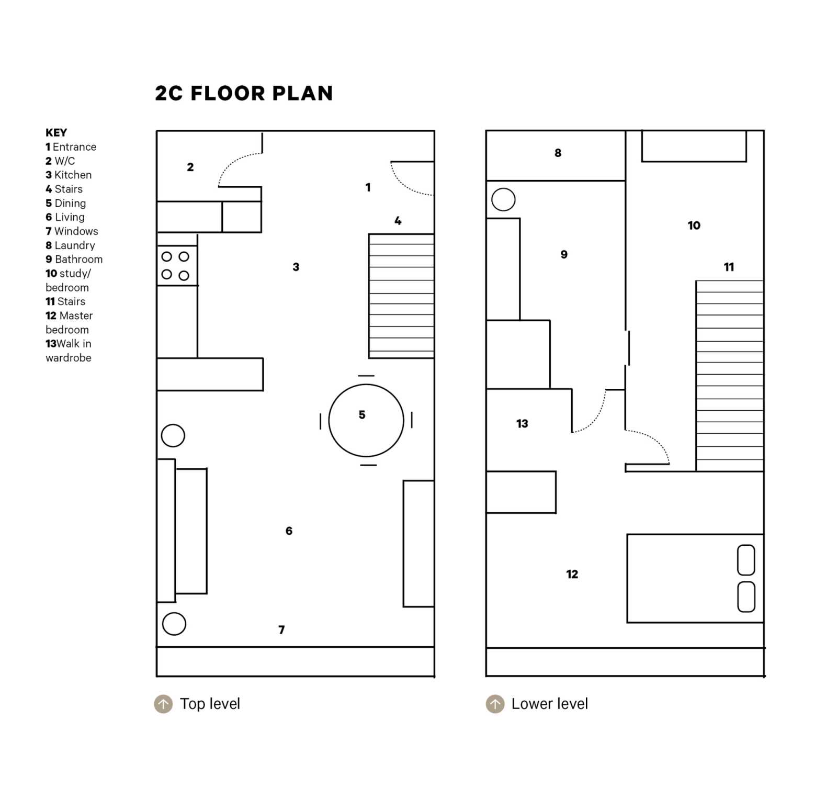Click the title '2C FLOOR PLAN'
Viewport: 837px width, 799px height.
pyautogui.click(x=244, y=93)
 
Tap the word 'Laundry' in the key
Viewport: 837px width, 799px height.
pyautogui.click(x=75, y=245)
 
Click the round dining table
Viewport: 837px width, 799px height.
pyautogui.click(x=366, y=420)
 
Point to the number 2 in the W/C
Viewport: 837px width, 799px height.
pyautogui.click(x=190, y=167)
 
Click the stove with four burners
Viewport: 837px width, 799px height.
pyautogui.click(x=177, y=266)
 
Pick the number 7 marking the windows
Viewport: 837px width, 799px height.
pyautogui.click(x=281, y=629)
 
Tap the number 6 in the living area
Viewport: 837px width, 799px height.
pyautogui.click(x=289, y=531)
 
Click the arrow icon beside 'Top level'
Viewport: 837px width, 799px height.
pyautogui.click(x=163, y=704)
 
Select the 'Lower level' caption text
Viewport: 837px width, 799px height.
pyautogui.click(x=549, y=704)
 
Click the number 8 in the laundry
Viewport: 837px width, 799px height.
pyautogui.click(x=558, y=153)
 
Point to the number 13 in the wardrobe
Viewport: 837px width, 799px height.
pyautogui.click(x=522, y=423)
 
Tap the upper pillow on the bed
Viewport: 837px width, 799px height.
pyautogui.click(x=746, y=560)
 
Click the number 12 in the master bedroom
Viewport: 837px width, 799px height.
pyautogui.click(x=572, y=574)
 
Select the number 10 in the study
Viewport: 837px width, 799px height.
pyautogui.click(x=694, y=226)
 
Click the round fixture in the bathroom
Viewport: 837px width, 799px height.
pyautogui.click(x=503, y=199)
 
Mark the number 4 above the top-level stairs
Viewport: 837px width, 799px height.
pyautogui.click(x=398, y=221)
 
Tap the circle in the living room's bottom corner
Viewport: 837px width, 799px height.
pyautogui.click(x=174, y=624)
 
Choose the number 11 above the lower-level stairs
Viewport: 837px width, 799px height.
pyautogui.click(x=729, y=267)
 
